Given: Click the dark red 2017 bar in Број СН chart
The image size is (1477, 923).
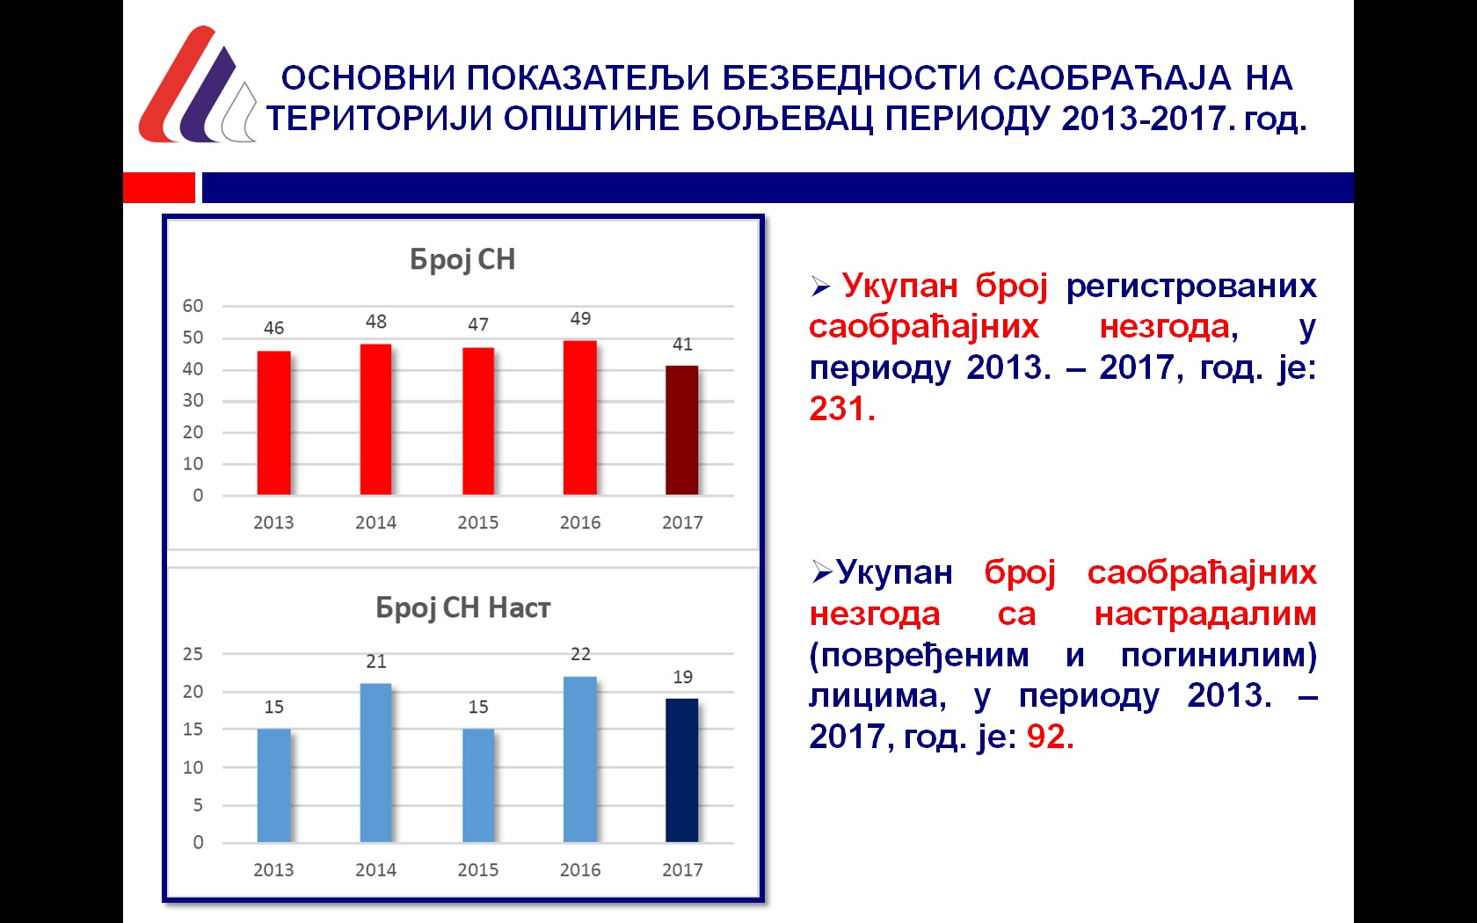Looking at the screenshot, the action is tap(682, 430).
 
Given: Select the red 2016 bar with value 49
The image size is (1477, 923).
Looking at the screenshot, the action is tap(579, 418).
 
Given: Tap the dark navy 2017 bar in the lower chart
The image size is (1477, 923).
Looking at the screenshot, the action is tap(682, 770).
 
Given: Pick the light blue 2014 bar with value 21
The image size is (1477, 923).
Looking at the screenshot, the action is tap(376, 763).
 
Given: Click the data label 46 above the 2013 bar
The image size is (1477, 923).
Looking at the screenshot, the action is tap(273, 328).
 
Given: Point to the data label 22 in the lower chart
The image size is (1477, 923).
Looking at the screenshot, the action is tap(580, 654).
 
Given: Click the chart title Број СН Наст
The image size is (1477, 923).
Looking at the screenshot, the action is tap(462, 608).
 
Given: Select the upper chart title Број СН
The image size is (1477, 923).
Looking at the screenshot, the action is tap(462, 260).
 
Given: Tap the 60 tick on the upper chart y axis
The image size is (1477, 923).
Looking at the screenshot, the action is tap(193, 306).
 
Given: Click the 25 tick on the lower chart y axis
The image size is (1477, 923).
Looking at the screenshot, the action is tap(193, 654).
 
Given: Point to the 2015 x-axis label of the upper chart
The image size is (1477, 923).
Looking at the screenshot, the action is tap(478, 523).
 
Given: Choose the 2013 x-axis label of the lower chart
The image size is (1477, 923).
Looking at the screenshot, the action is tap(273, 870).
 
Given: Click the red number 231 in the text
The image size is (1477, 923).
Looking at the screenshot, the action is tap(842, 409).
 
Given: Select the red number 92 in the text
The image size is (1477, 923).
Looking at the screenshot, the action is tap(1051, 737).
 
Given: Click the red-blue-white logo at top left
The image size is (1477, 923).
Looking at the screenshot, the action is tap(197, 84).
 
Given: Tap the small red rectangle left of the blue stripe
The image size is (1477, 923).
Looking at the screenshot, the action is tap(159, 187).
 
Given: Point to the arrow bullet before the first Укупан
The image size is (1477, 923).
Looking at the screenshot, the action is tap(820, 287).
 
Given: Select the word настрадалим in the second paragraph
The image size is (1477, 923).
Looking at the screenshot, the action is tap(1205, 614).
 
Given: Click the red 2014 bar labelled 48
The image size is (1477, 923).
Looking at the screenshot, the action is tap(376, 419).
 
